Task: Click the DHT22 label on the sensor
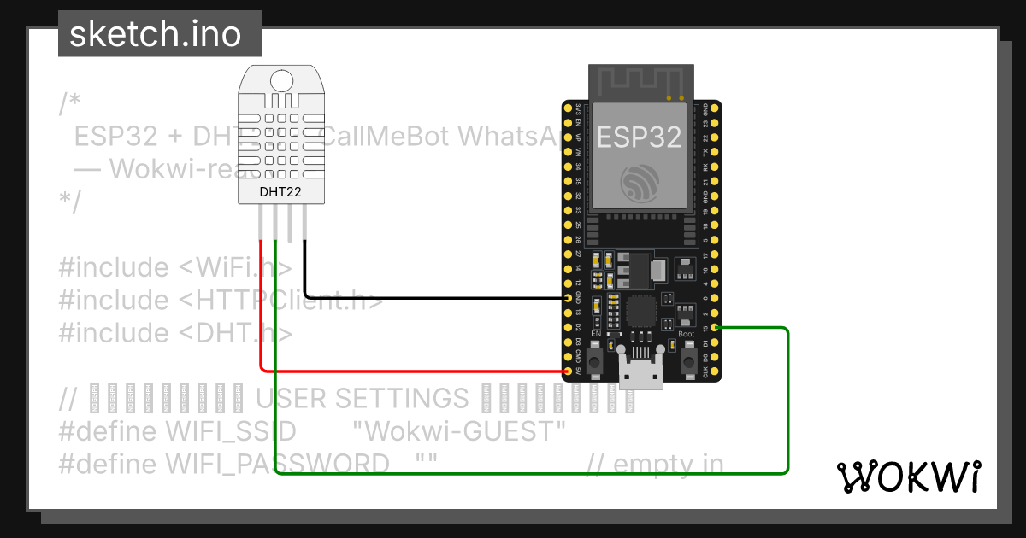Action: point(280,192)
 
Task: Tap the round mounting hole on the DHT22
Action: point(280,81)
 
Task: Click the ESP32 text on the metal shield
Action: point(640,137)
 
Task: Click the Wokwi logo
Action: point(908,477)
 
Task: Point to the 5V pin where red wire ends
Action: point(567,372)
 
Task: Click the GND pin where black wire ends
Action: point(567,298)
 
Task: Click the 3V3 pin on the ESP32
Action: point(567,108)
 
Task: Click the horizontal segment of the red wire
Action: point(410,371)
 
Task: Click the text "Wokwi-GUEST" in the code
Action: point(459,430)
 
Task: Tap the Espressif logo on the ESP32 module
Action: point(640,181)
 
